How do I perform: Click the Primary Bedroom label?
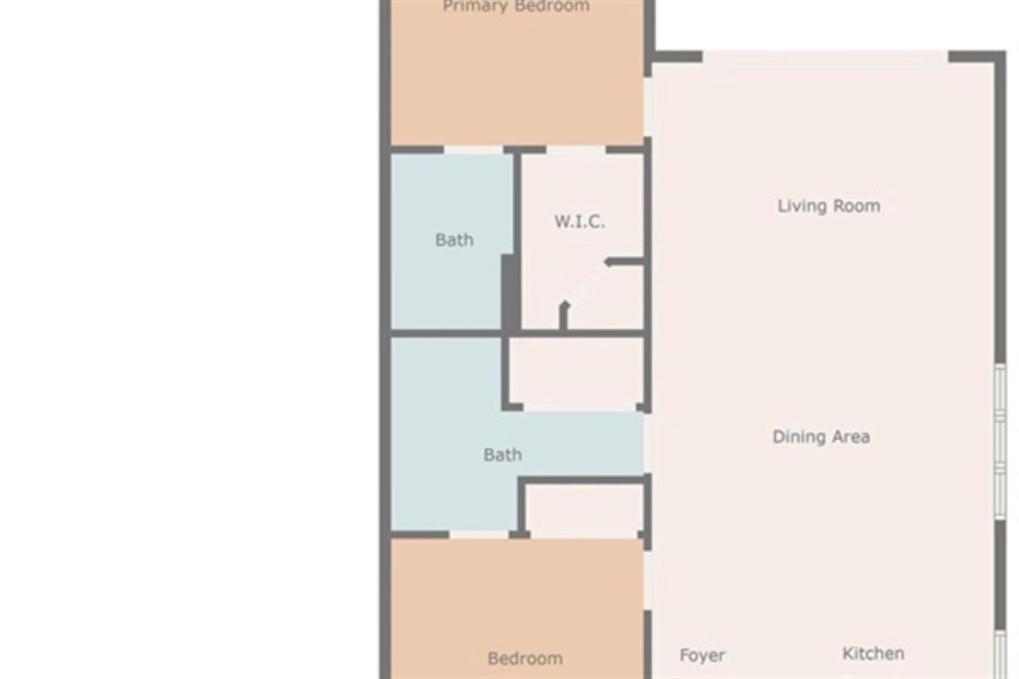(515, 7)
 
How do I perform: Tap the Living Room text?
(828, 205)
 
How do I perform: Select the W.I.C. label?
(579, 222)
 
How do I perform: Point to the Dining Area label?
(820, 437)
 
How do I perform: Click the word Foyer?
(702, 655)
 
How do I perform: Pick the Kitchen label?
(872, 654)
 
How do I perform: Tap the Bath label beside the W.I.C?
(454, 240)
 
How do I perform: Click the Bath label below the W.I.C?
(502, 455)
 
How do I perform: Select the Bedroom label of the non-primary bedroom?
(525, 659)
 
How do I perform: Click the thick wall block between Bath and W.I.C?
(509, 293)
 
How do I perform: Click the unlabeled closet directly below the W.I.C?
(576, 373)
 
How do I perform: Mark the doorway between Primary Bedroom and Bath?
(474, 150)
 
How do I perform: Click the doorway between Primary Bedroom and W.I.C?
(576, 150)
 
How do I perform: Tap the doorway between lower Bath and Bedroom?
(479, 535)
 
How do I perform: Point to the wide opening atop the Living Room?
(825, 56)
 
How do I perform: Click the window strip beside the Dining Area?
(999, 441)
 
